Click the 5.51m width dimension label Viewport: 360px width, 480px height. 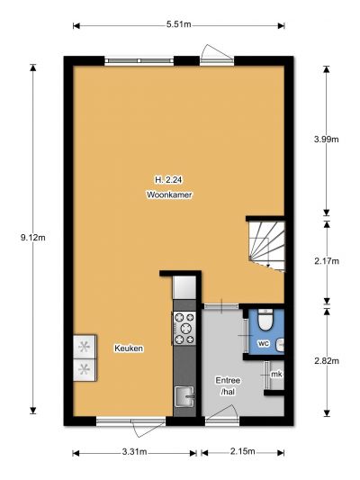click(178, 24)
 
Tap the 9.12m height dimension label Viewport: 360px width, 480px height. click(33, 237)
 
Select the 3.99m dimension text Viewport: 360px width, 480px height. click(327, 140)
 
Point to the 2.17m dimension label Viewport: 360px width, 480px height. click(327, 261)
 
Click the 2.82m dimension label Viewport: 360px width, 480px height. click(327, 361)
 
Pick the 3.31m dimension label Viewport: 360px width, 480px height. click(135, 451)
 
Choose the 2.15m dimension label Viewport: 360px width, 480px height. click(242, 451)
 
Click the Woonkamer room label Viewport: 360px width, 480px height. click(169, 195)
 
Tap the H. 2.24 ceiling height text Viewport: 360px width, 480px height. click(168, 180)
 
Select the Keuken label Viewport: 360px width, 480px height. click(129, 349)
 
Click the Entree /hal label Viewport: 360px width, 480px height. click(228, 385)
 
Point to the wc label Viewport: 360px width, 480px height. click(264, 343)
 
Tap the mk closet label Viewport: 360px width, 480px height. click(276, 374)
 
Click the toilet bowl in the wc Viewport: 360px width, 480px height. click(265, 320)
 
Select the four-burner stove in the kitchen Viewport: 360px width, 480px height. click(184, 328)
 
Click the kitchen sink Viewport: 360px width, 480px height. click(184, 397)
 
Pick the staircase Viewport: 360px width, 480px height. click(266, 246)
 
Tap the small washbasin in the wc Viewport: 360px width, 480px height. click(280, 345)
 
